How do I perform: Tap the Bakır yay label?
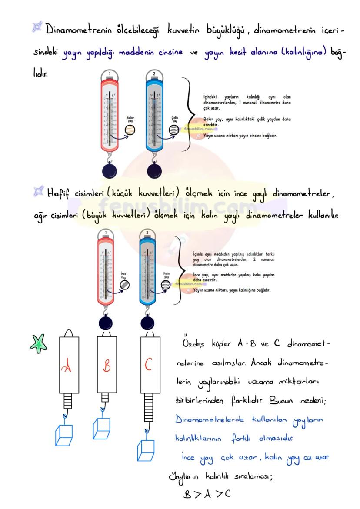click(130, 119)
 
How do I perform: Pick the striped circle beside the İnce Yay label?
click(124, 285)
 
